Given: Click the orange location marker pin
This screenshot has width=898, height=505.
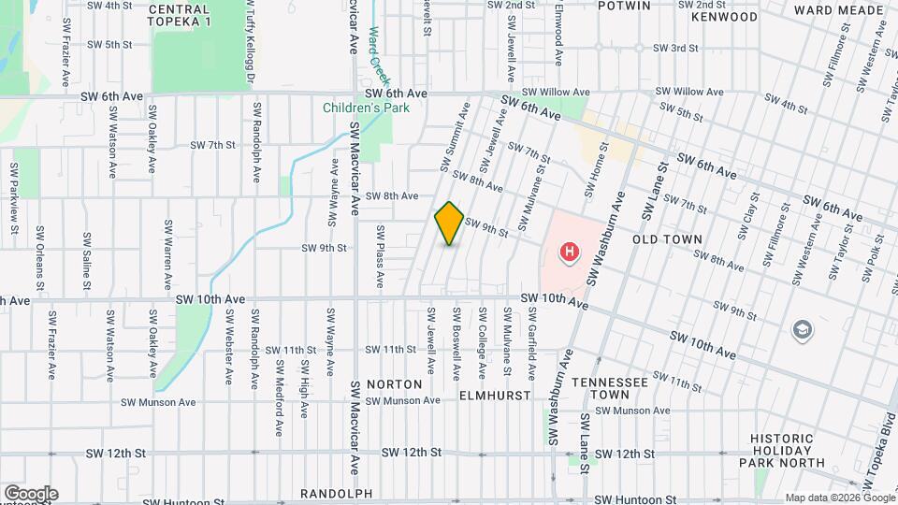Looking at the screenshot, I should (449, 224).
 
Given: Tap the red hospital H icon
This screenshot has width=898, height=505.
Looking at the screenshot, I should (568, 252).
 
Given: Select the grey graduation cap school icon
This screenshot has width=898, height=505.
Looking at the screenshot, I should (802, 329).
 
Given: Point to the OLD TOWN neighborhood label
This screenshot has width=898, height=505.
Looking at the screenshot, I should (667, 239).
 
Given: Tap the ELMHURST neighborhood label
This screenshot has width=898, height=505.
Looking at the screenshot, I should (495, 396).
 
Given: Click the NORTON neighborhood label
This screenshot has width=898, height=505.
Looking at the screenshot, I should (394, 384).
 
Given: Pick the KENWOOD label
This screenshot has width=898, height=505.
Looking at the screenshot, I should (725, 17).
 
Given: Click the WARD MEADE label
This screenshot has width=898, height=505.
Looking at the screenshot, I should (839, 10).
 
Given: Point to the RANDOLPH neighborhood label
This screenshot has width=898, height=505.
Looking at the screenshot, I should (337, 493).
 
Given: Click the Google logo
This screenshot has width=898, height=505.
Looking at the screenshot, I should (31, 493).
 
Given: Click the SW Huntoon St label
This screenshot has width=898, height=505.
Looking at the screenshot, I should (635, 500).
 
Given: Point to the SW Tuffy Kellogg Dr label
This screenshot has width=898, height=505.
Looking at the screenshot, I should (250, 42).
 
